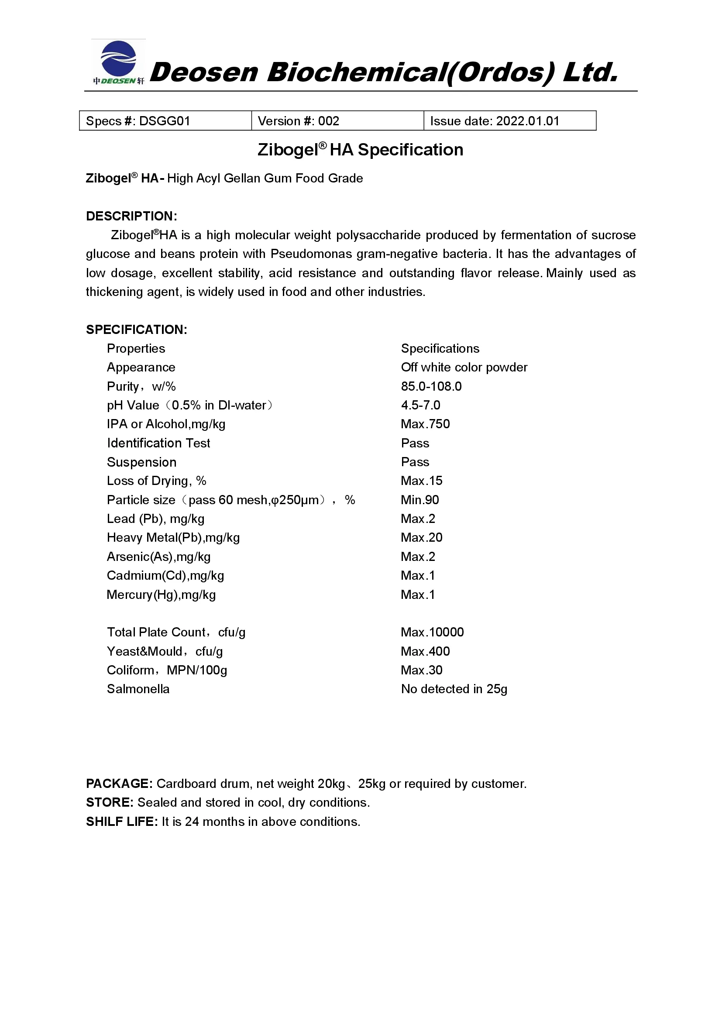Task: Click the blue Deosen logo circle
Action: [x=118, y=58]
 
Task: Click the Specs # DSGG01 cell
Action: [x=165, y=121]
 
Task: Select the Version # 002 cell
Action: [x=337, y=121]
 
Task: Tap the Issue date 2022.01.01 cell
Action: [x=509, y=121]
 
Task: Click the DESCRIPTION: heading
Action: [x=131, y=216]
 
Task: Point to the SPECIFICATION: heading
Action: [x=137, y=330]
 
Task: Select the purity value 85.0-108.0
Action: [x=431, y=386]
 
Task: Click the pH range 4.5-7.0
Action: [x=420, y=405]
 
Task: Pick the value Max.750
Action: [x=425, y=424]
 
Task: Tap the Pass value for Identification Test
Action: [x=415, y=443]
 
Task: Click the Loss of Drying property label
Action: [x=157, y=481]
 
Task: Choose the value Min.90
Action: [x=419, y=500]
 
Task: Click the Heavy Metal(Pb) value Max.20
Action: [x=422, y=538]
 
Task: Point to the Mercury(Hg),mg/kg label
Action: [x=161, y=595]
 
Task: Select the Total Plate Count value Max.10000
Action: [x=432, y=633]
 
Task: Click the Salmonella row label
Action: [x=138, y=689]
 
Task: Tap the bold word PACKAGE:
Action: [x=119, y=784]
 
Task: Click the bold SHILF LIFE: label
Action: [x=122, y=822]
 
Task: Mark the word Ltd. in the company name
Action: [x=591, y=72]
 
